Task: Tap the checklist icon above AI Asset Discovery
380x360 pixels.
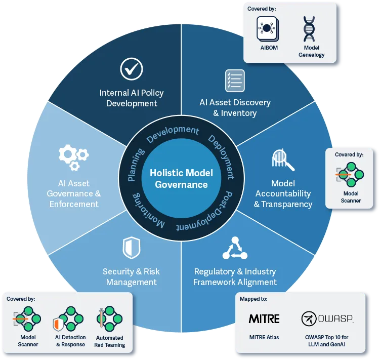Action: pyautogui.click(x=235, y=81)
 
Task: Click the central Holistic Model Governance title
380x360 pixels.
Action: pyautogui.click(x=181, y=178)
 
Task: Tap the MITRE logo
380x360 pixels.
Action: pyautogui.click(x=264, y=318)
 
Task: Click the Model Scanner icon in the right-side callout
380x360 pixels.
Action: pyautogui.click(x=351, y=175)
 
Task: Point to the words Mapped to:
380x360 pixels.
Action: pyautogui.click(x=254, y=299)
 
